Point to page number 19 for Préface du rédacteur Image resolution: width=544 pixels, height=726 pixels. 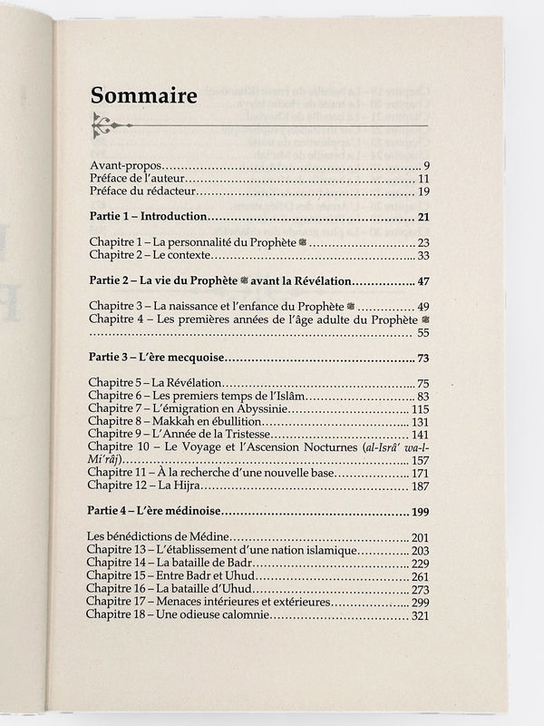pos(422,191)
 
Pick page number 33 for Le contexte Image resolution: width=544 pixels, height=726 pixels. pos(422,257)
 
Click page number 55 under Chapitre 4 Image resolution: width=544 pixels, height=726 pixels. pos(422,334)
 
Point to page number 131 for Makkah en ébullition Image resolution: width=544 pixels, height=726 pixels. pos(418,422)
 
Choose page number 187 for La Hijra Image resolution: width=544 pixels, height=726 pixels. pos(418,487)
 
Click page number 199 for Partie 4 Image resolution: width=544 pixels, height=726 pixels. pos(418,513)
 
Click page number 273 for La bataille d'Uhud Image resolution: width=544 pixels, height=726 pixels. pos(418,589)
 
